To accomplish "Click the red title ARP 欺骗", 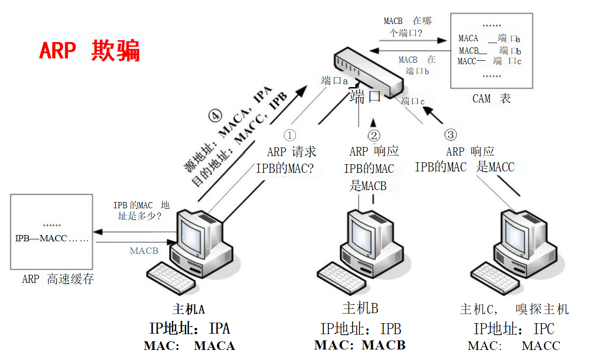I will (89, 51).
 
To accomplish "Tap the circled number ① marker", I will (290, 135).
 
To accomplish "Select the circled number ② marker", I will (374, 136).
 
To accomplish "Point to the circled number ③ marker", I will (451, 135).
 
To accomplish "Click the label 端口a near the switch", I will (334, 80).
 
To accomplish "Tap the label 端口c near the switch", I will (413, 101).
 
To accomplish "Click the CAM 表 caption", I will (491, 99).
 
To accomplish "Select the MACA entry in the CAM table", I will (468, 38).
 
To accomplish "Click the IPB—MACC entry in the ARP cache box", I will (41, 238).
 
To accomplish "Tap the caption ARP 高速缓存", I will (58, 280).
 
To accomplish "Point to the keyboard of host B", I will (342, 276).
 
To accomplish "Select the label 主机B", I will (360, 308).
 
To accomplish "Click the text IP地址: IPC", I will (514, 329).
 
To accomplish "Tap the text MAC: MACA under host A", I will (189, 346).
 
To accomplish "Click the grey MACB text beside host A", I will (144, 251).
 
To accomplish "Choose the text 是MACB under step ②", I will (368, 186).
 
